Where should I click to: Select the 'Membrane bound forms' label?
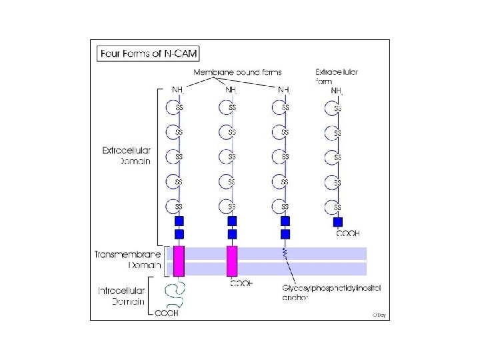(x=237, y=71)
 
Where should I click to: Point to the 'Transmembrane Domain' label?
(x=127, y=259)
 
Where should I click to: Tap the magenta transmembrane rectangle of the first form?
(x=179, y=261)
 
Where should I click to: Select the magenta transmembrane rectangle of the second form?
(x=232, y=261)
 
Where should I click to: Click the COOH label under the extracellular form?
(x=347, y=234)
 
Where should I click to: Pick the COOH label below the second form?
(x=241, y=283)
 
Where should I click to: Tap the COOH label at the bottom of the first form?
(x=167, y=313)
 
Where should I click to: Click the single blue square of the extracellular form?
(x=338, y=222)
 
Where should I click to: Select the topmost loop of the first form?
(x=172, y=107)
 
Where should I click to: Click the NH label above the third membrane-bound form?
(x=284, y=89)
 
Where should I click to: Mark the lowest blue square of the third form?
(x=285, y=235)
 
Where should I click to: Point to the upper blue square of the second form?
(x=232, y=221)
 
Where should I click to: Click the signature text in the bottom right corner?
(x=379, y=314)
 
